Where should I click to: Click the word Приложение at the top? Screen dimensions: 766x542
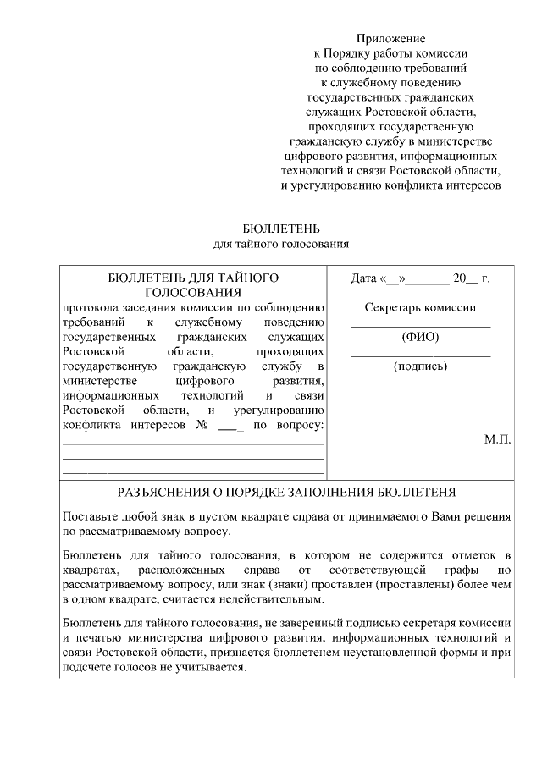pyautogui.click(x=390, y=38)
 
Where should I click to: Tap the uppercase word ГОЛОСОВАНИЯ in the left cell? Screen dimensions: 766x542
pyautogui.click(x=194, y=292)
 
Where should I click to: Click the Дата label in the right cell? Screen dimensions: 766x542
pyautogui.click(x=364, y=278)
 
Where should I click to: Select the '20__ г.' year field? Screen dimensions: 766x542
pyautogui.click(x=472, y=278)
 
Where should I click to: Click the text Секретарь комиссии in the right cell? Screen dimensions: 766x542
pyautogui.click(x=420, y=307)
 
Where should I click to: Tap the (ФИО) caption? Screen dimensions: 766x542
pyautogui.click(x=420, y=337)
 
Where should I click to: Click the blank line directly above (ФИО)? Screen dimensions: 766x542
pyautogui.click(x=420, y=326)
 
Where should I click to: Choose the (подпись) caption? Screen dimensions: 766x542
pyautogui.click(x=420, y=366)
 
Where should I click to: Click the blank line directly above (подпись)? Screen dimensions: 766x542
pyautogui.click(x=420, y=355)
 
